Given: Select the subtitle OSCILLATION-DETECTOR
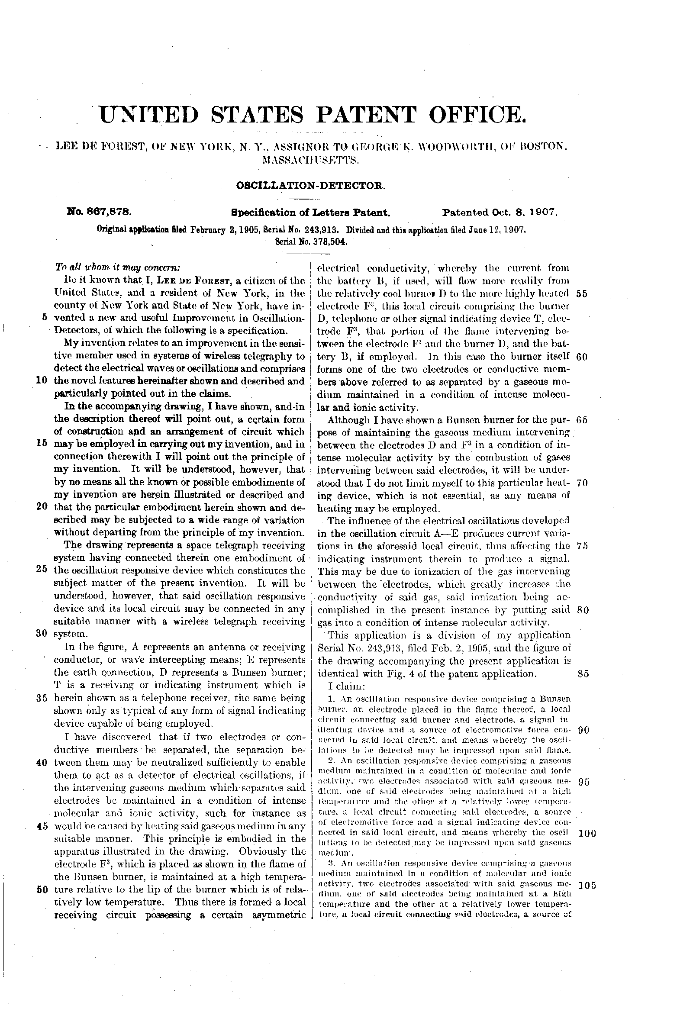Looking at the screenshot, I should (311, 186).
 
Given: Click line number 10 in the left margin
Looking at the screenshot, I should (42, 380).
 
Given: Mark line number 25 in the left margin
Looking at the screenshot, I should (42, 570).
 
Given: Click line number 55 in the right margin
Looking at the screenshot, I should (582, 293).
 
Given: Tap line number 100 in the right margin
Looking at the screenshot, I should (587, 833).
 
